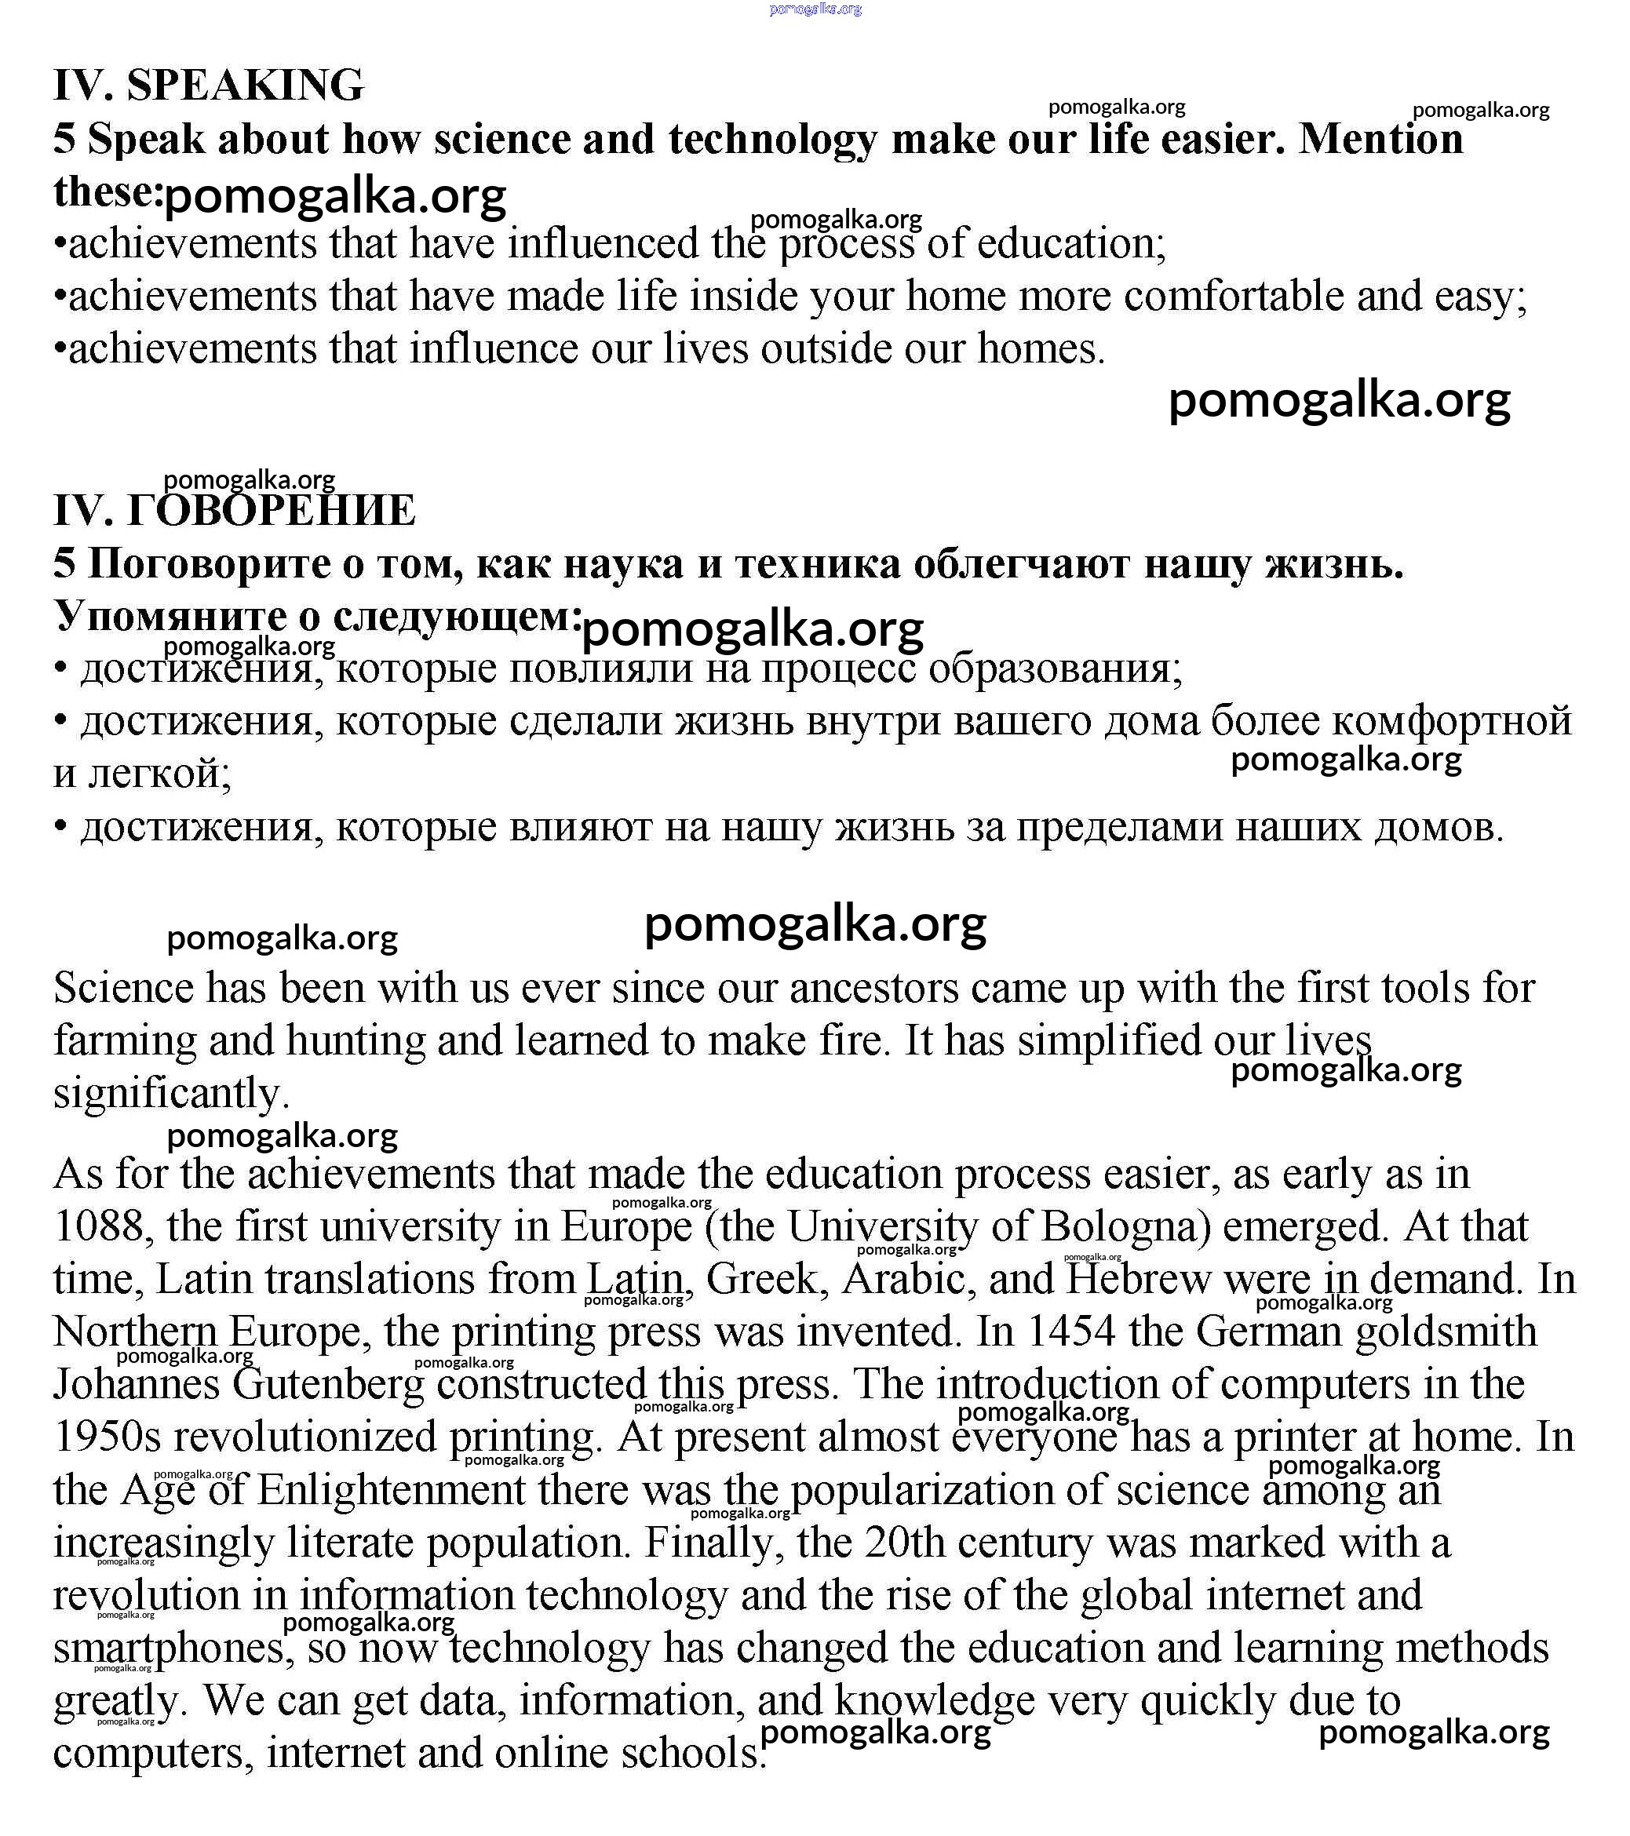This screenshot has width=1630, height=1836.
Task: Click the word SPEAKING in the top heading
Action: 246,86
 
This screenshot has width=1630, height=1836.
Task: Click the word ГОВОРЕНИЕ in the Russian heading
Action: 271,510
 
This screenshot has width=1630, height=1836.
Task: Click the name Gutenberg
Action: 329,1384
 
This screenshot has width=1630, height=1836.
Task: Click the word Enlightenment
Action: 391,1490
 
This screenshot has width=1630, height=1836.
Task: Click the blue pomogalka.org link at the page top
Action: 815,9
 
